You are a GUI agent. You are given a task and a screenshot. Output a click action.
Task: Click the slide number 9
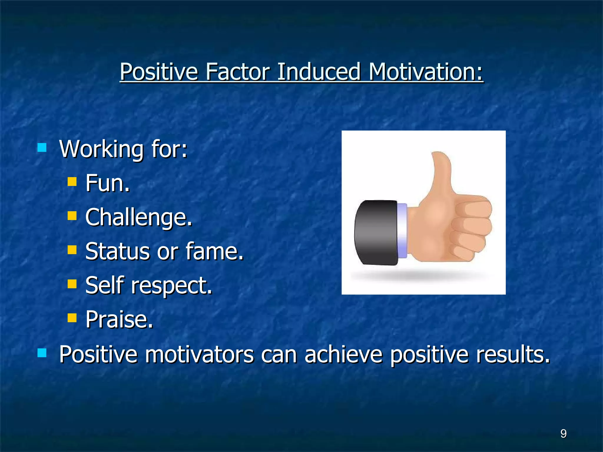pos(563,433)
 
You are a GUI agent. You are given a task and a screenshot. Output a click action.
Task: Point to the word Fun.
pos(107,183)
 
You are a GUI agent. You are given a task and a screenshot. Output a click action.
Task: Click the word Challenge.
pos(138,217)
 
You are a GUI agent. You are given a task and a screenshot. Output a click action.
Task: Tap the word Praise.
pos(119,319)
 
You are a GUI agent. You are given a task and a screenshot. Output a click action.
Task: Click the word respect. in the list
pos(171,285)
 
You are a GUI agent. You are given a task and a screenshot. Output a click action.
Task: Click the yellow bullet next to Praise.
pos(72,318)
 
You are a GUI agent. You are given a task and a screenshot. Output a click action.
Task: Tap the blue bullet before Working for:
pos(42,147)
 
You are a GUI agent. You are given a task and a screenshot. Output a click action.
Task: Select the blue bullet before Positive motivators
pos(42,353)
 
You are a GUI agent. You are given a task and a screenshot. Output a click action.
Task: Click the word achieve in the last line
pos(343,354)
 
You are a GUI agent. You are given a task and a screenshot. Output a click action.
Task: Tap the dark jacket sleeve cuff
pos(376,232)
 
